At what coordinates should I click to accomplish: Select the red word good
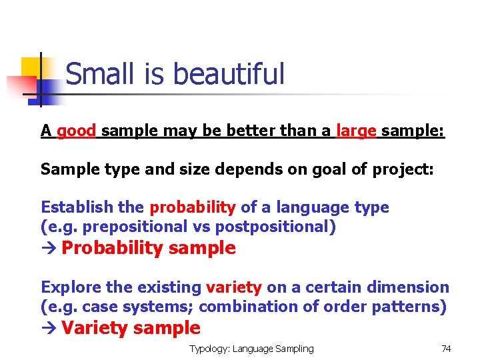77,131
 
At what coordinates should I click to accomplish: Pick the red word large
357,131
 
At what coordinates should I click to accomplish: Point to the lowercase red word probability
193,207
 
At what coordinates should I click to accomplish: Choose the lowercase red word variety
234,287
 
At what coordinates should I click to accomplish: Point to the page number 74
446,349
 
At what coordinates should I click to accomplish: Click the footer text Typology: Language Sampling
251,349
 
